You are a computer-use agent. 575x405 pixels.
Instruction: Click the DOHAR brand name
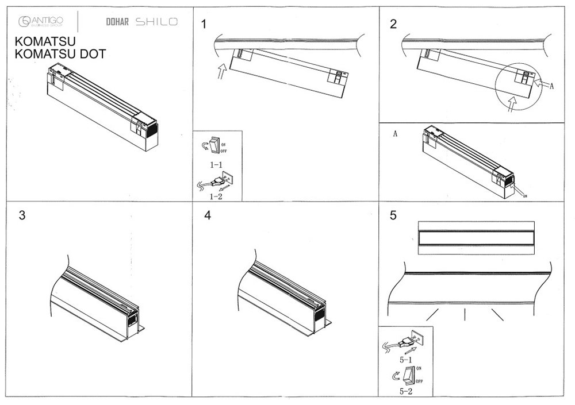tap(117, 22)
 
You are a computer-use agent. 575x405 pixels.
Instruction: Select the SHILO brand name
tap(156, 22)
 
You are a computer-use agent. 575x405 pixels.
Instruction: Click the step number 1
tap(204, 24)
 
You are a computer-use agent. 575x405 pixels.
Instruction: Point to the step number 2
tap(393, 24)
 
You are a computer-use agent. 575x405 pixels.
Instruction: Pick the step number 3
tap(22, 215)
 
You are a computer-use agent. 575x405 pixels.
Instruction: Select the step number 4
tap(208, 215)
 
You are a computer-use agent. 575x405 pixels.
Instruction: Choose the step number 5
tap(393, 215)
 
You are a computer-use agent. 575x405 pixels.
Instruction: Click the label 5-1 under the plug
tap(405, 359)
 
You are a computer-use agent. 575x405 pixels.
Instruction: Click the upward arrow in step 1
tap(221, 74)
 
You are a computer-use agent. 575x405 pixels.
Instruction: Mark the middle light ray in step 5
tap(464, 314)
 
